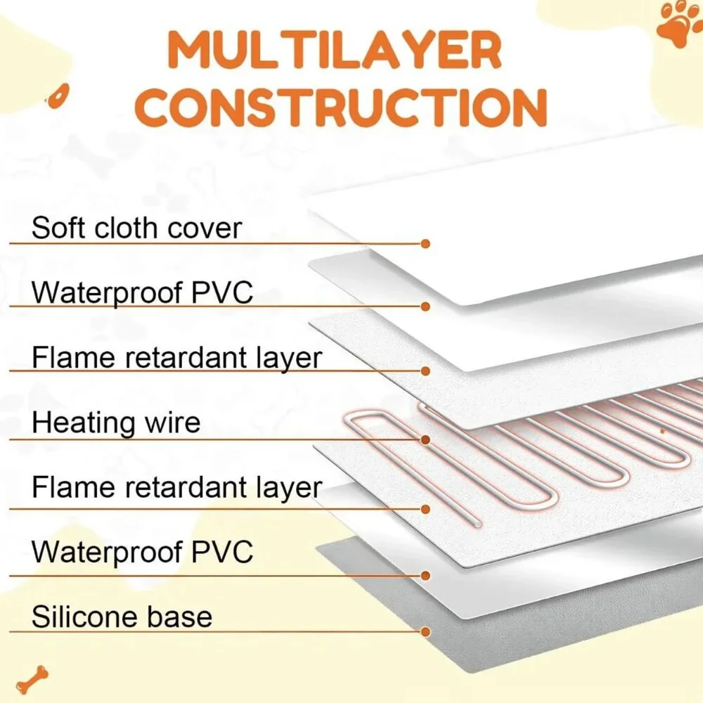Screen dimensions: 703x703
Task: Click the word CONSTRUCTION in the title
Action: coord(341,108)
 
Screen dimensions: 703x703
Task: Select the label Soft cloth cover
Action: coord(137,228)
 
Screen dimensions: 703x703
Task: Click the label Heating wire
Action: coord(116,423)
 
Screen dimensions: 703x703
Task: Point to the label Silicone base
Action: coord(122,617)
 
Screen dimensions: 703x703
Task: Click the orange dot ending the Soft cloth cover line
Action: coord(425,244)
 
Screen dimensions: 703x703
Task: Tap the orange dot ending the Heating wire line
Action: coord(425,440)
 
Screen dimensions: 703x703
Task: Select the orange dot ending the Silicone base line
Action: coord(425,632)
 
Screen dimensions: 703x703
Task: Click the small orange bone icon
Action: coord(32,679)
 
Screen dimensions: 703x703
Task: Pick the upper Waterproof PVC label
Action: coord(143,292)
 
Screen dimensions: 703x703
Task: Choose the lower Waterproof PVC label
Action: coord(143,551)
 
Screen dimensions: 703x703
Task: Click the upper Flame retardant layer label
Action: coord(177,358)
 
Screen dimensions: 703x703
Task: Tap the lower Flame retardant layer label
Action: coord(177,487)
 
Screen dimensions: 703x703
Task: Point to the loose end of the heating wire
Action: coord(478,524)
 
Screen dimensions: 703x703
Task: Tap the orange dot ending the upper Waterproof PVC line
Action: coord(425,307)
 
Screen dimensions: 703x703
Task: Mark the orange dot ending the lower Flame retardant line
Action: coord(425,509)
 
